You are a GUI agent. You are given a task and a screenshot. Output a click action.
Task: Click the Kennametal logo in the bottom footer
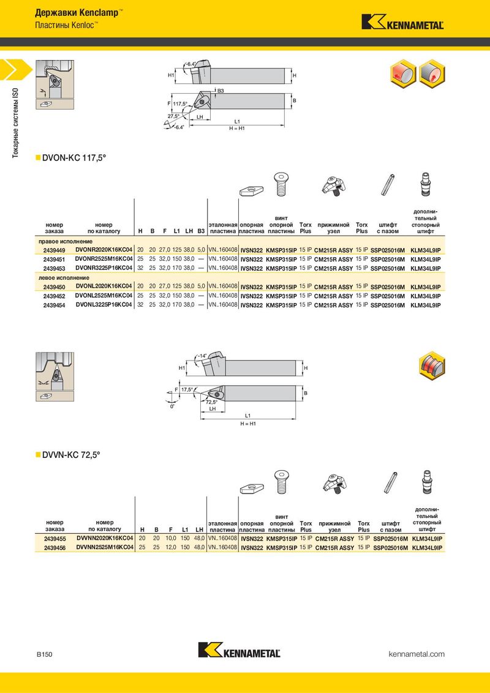click(x=239, y=650)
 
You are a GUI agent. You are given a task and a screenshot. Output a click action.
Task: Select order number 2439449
click(x=55, y=250)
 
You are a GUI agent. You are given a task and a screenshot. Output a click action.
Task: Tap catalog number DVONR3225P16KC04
click(x=104, y=268)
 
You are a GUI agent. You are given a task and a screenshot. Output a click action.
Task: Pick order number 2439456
click(x=55, y=547)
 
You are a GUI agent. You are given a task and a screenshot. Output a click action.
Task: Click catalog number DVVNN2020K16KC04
click(x=105, y=538)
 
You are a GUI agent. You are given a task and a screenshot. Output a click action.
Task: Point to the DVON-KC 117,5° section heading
click(x=74, y=158)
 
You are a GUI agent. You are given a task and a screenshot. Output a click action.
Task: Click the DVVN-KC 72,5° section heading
click(x=71, y=455)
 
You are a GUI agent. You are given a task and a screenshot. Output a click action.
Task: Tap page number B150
click(x=44, y=654)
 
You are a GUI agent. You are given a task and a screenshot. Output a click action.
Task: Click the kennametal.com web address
click(x=417, y=654)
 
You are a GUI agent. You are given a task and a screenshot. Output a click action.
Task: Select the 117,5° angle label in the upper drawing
click(x=181, y=104)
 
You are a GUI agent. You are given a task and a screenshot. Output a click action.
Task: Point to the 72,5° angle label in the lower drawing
click(x=212, y=402)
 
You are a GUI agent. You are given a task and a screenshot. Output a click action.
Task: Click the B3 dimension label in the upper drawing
click(x=221, y=91)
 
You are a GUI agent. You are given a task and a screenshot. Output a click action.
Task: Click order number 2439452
click(x=55, y=296)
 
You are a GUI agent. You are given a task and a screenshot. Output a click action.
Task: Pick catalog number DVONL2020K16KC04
click(x=104, y=287)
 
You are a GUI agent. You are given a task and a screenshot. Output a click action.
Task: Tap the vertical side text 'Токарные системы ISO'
click(x=15, y=122)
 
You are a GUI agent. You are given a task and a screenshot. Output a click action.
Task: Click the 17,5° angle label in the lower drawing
click(x=187, y=389)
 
